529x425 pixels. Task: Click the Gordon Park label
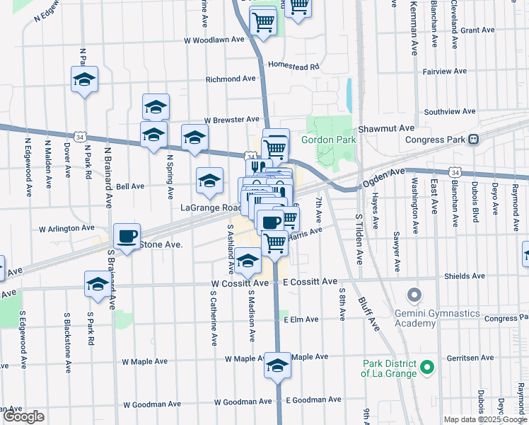328,140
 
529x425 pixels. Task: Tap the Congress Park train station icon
475,139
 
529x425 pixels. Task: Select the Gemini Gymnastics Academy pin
414,293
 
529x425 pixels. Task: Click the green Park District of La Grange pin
426,367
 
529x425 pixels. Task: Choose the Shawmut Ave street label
385,128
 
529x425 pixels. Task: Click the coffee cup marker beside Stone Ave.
127,236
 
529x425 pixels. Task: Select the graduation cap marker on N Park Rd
85,79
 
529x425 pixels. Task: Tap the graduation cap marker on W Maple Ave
278,365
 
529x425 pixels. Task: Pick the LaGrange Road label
210,208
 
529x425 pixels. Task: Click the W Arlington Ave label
66,229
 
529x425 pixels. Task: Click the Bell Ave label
130,186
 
